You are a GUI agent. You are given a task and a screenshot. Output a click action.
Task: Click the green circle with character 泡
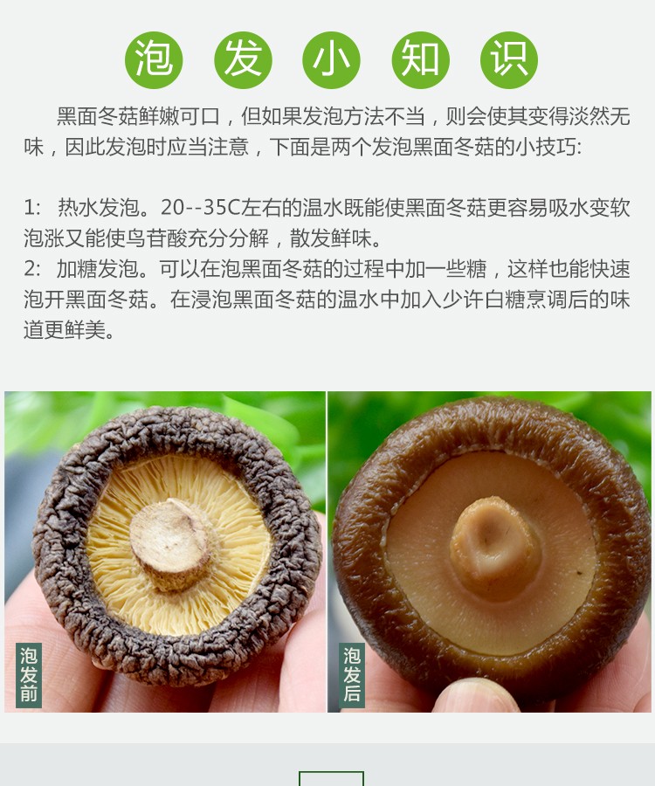click(154, 60)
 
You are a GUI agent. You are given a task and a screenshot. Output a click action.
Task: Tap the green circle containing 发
click(243, 60)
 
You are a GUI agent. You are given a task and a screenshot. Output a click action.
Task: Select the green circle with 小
click(331, 60)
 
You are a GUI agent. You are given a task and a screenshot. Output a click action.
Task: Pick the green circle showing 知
click(420, 60)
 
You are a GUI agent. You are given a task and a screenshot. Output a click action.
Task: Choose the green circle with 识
click(509, 60)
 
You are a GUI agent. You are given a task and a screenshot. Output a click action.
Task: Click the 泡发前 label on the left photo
click(29, 675)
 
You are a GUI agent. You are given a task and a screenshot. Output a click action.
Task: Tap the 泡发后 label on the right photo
click(352, 675)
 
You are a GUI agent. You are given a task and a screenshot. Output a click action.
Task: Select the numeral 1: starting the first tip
click(32, 208)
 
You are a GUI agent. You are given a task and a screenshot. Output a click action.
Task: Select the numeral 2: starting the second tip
click(32, 269)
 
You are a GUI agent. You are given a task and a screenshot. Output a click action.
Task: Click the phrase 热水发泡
click(98, 208)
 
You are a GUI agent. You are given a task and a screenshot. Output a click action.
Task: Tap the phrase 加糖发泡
click(97, 269)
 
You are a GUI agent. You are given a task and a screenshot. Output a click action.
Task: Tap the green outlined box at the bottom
click(331, 778)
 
